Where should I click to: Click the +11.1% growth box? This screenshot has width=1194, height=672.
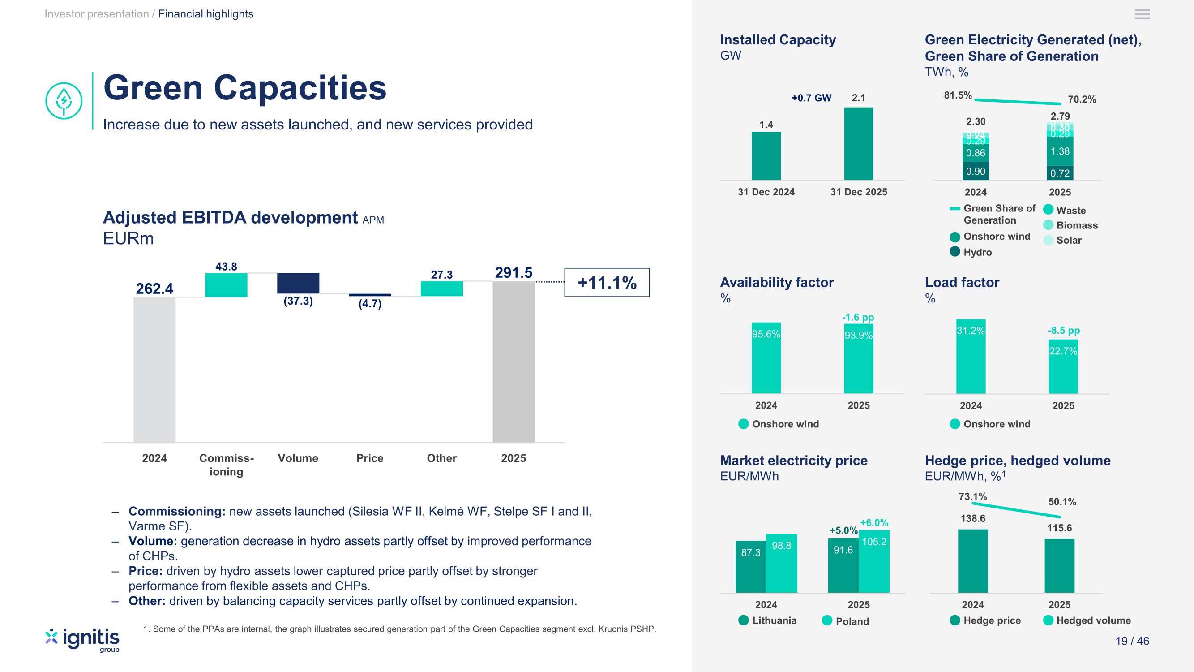606,282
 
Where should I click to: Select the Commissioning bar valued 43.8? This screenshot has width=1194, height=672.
226,285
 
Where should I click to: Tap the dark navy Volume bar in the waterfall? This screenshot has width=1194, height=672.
298,283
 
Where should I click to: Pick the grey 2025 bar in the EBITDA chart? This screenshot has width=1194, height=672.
513,362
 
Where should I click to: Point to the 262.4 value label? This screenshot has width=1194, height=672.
154,289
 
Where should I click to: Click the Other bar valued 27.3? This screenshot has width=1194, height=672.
441,289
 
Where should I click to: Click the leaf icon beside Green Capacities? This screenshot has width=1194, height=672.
64,101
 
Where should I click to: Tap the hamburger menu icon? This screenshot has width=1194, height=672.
1142,14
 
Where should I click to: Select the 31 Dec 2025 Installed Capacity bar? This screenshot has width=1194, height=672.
858,143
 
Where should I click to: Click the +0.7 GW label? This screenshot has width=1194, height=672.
811,98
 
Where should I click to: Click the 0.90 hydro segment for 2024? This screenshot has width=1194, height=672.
975,171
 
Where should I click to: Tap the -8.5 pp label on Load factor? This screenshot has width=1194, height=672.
1064,330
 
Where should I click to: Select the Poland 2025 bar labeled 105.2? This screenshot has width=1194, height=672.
874,561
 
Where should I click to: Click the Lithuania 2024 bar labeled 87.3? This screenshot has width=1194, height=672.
750,566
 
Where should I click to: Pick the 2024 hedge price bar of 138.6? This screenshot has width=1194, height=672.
972,561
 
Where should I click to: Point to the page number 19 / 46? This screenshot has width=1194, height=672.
1132,641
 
